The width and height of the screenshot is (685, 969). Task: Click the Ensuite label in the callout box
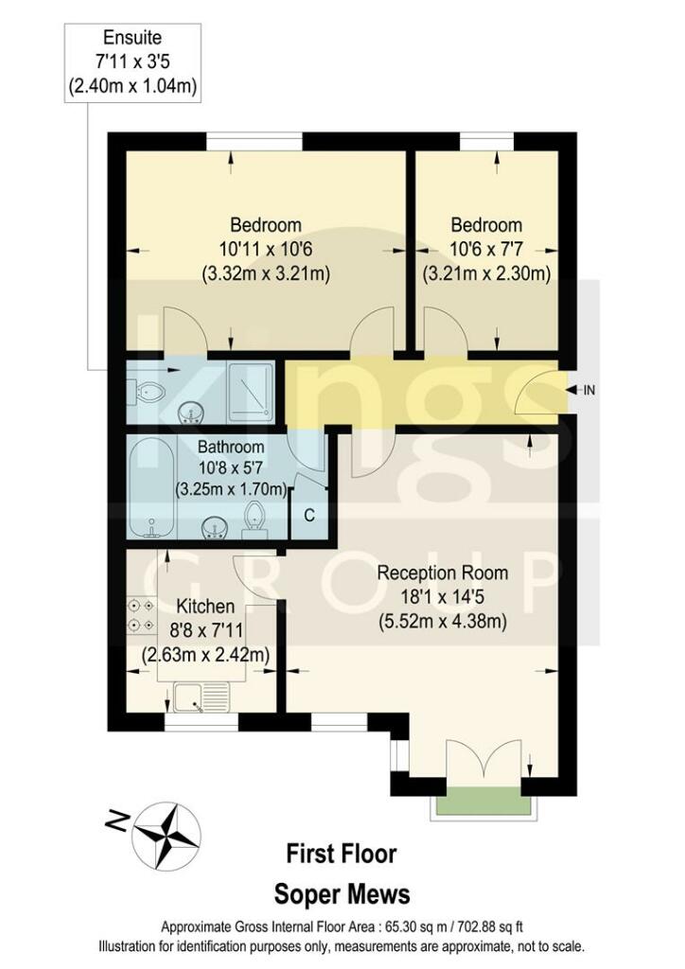click(x=133, y=39)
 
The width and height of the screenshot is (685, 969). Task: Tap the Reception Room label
click(x=443, y=573)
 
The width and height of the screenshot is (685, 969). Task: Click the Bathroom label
click(x=231, y=446)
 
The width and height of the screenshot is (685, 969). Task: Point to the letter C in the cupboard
click(x=308, y=516)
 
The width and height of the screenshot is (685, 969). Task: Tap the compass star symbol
click(x=167, y=833)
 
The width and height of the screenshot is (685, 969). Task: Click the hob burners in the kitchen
click(x=142, y=615)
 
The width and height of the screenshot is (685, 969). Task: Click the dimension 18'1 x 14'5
click(x=443, y=597)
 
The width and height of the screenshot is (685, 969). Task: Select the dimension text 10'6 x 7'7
click(x=486, y=250)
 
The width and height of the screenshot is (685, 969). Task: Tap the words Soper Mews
click(x=342, y=893)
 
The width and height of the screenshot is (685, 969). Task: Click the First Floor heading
click(x=342, y=854)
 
